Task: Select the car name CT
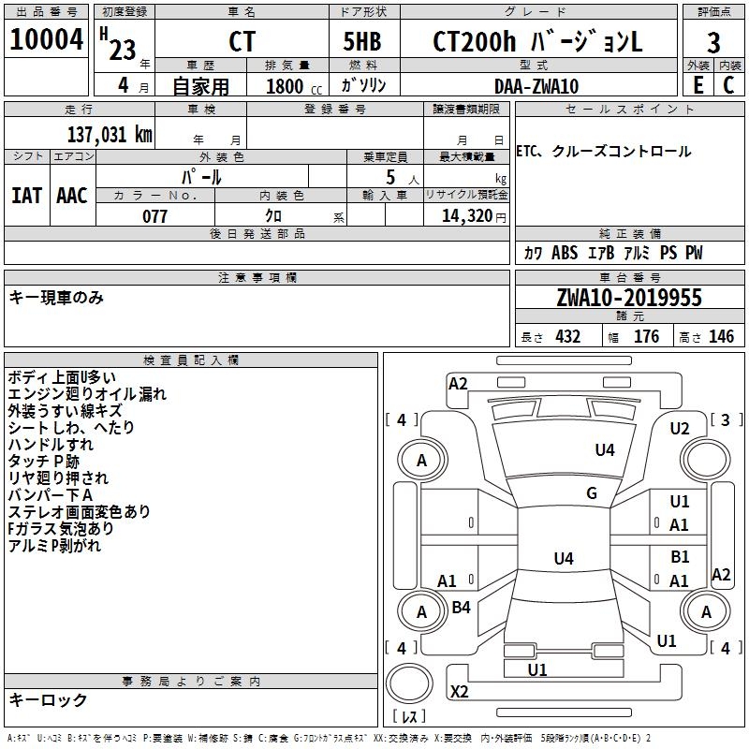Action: click(x=242, y=42)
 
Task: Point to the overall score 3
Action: click(x=713, y=43)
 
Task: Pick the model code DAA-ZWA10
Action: click(x=536, y=86)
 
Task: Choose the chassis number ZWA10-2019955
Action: click(x=628, y=298)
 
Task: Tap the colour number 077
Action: click(x=154, y=216)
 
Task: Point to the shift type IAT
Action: click(x=26, y=195)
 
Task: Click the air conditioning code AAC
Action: click(x=71, y=195)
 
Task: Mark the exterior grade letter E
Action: click(x=697, y=85)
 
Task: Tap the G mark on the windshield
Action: click(x=591, y=493)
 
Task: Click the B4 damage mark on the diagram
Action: click(x=461, y=608)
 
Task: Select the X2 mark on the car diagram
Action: click(x=459, y=692)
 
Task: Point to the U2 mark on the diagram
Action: click(x=679, y=428)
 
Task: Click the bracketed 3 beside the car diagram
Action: click(x=726, y=419)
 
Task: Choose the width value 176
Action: click(x=646, y=337)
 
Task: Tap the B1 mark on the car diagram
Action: click(x=680, y=557)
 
